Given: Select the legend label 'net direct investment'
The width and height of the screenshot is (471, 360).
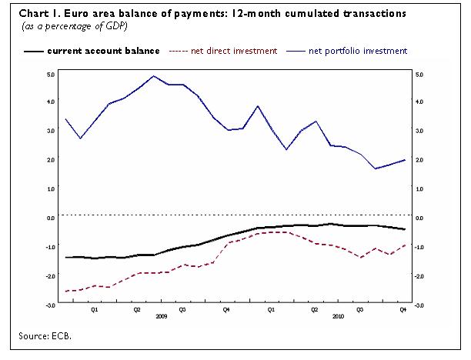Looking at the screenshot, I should [235, 51].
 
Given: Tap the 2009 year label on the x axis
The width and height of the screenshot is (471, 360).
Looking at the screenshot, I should [161, 316].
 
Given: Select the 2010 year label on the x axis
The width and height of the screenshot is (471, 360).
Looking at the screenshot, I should [337, 316].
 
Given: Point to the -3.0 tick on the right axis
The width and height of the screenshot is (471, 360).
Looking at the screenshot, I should [419, 305].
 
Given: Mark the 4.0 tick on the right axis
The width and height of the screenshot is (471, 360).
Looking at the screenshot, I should [419, 102].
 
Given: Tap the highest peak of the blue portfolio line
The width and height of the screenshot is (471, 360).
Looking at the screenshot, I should [154, 75].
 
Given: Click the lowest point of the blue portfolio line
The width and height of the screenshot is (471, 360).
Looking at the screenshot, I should [376, 168].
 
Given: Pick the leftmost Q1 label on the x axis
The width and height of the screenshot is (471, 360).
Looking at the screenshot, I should [94, 310].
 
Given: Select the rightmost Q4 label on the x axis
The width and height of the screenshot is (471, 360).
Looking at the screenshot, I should [403, 310].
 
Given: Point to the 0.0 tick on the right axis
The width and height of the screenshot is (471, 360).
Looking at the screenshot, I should [419, 218].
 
